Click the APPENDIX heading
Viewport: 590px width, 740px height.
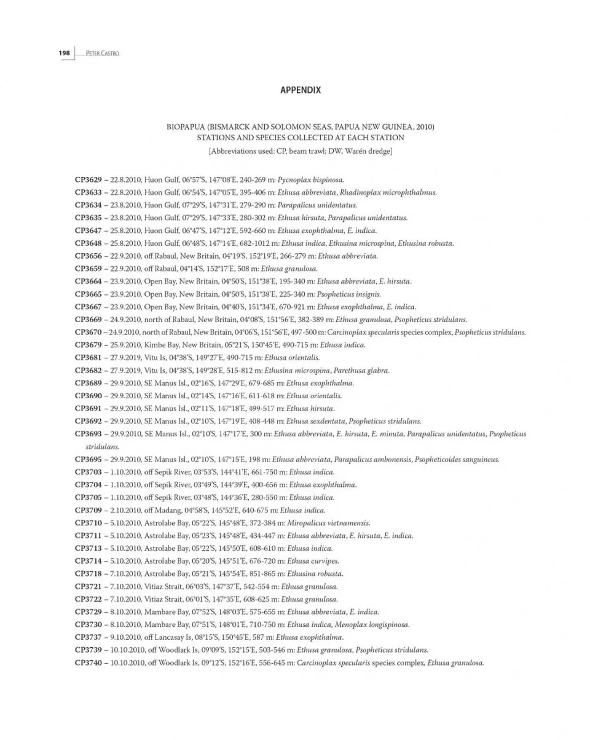(x=301, y=90)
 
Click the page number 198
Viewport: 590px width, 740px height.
(x=65, y=53)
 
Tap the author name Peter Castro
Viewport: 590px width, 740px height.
(x=98, y=53)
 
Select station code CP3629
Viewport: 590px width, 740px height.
(x=88, y=179)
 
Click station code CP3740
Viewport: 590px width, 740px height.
(x=88, y=663)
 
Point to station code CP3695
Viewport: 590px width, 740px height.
(x=88, y=459)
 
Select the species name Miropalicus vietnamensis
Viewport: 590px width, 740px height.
(x=329, y=523)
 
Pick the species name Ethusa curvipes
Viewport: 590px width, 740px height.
(x=313, y=561)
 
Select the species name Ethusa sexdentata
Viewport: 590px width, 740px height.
(x=315, y=421)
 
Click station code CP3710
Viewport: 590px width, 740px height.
(x=88, y=523)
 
